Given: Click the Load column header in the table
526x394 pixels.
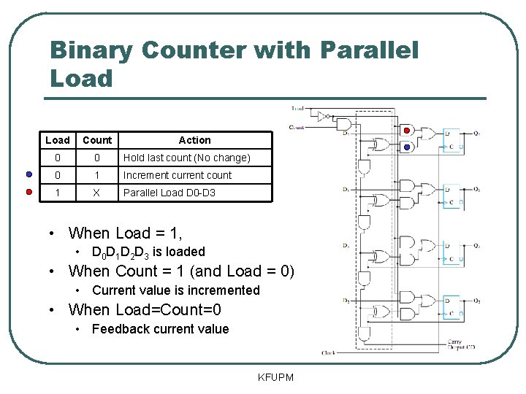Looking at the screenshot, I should [x=58, y=140].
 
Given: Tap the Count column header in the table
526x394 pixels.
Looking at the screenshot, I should [x=97, y=140].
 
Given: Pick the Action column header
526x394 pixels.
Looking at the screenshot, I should [x=194, y=140].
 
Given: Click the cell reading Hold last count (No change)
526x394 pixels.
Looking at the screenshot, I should [x=186, y=158].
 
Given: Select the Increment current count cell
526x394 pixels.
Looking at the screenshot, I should [x=177, y=175].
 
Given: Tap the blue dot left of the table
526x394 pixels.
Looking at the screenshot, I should [x=28, y=175].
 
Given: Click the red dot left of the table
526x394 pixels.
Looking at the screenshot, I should [x=28, y=193].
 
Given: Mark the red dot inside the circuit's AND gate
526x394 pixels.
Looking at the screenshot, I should [x=408, y=131].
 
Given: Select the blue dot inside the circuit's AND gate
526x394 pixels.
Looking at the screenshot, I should [x=408, y=147].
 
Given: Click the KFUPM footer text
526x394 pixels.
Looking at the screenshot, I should [x=275, y=377].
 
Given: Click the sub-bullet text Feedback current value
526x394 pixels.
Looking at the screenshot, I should [x=160, y=329].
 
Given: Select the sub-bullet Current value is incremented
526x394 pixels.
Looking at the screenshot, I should [x=175, y=290].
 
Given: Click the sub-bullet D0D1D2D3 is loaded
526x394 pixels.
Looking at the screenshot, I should [x=148, y=252].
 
